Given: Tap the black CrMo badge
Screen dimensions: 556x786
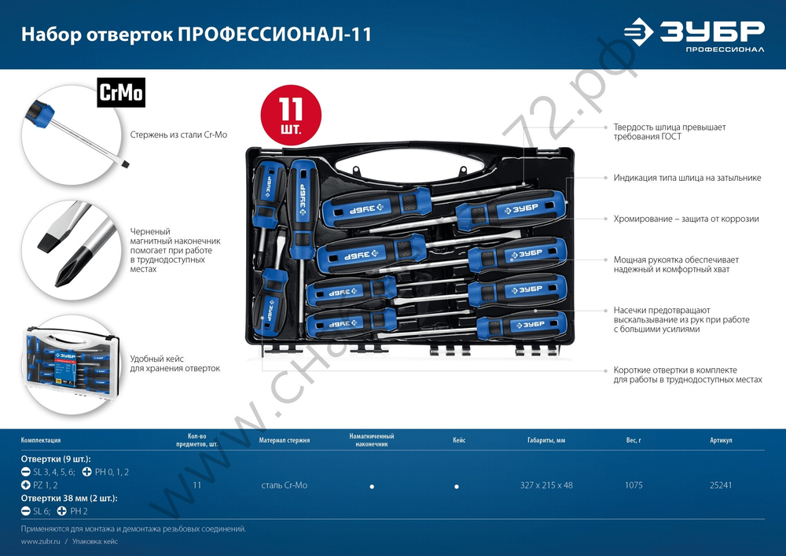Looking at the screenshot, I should (120, 93).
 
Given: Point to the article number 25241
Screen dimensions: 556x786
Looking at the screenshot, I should (720, 485).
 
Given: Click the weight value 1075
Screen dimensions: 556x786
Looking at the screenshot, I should (634, 485).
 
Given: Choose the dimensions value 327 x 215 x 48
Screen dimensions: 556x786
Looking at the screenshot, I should (546, 485).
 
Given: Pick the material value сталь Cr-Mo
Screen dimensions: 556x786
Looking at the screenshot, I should (284, 485).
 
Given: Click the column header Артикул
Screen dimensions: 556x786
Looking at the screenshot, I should (721, 440).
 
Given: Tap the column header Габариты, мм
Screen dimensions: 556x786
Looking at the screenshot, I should (546, 440).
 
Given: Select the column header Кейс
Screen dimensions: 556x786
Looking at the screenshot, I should (459, 440).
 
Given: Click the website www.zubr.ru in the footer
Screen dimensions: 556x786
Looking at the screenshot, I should (38, 542).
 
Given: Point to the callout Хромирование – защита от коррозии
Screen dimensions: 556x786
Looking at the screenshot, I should (686, 219).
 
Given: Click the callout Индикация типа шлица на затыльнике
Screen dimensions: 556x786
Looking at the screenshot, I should (687, 178).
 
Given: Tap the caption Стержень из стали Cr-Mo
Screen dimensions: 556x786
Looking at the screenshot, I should (178, 135).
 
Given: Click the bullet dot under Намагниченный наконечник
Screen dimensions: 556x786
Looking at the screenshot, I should (372, 487).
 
